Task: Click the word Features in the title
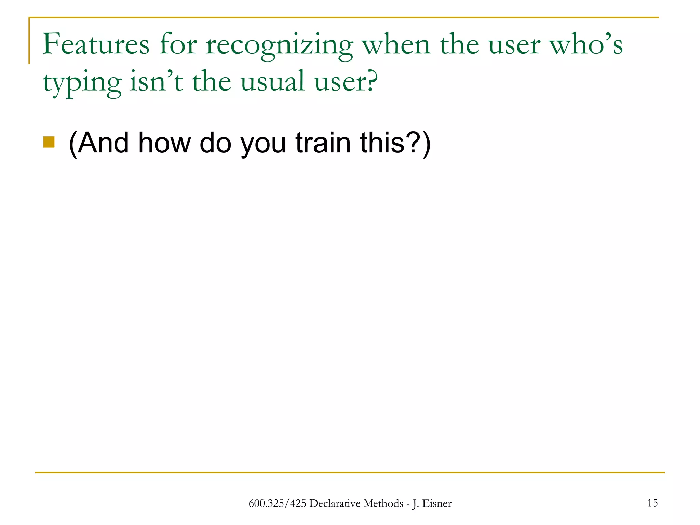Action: click(x=96, y=44)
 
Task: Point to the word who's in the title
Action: click(x=586, y=44)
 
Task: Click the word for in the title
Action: click(x=178, y=44)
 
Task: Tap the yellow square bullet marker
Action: click(x=49, y=142)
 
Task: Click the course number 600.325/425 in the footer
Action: click(x=277, y=503)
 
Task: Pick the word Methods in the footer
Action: click(x=383, y=503)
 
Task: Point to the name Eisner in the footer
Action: click(x=437, y=503)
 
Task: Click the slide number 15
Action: click(x=652, y=503)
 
